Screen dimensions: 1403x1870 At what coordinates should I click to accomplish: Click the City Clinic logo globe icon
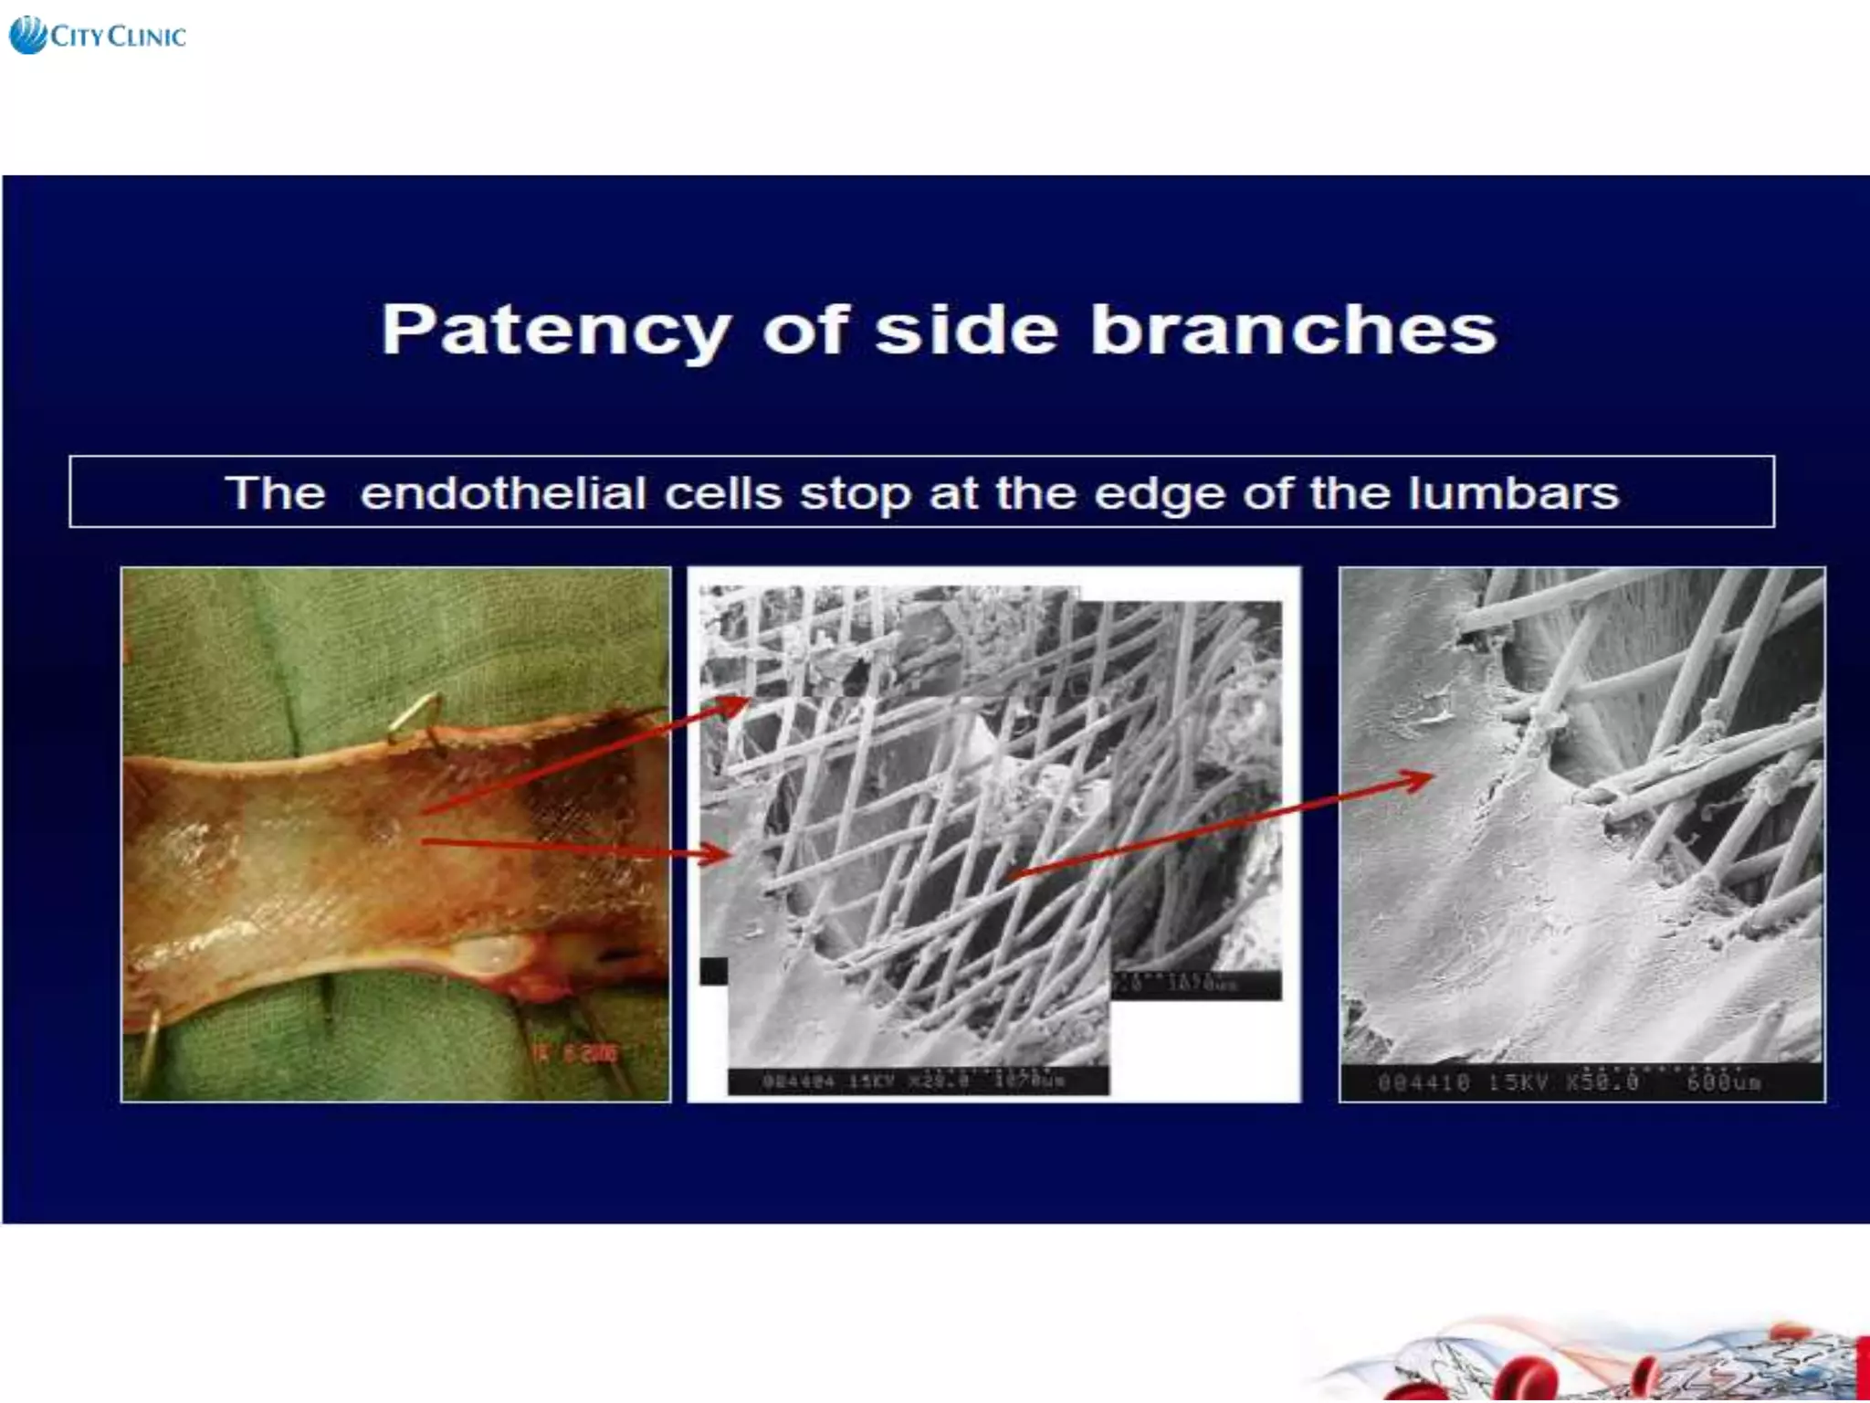(x=27, y=35)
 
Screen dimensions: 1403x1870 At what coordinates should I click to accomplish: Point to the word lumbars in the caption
(x=1513, y=493)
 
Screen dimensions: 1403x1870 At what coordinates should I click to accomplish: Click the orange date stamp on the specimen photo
(x=577, y=1053)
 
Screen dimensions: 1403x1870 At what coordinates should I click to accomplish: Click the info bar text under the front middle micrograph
(x=916, y=1081)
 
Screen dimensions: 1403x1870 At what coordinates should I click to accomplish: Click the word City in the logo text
(x=77, y=37)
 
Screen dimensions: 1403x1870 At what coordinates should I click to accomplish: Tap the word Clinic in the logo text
(x=146, y=37)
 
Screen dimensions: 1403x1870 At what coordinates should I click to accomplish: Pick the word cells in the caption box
(x=722, y=493)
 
